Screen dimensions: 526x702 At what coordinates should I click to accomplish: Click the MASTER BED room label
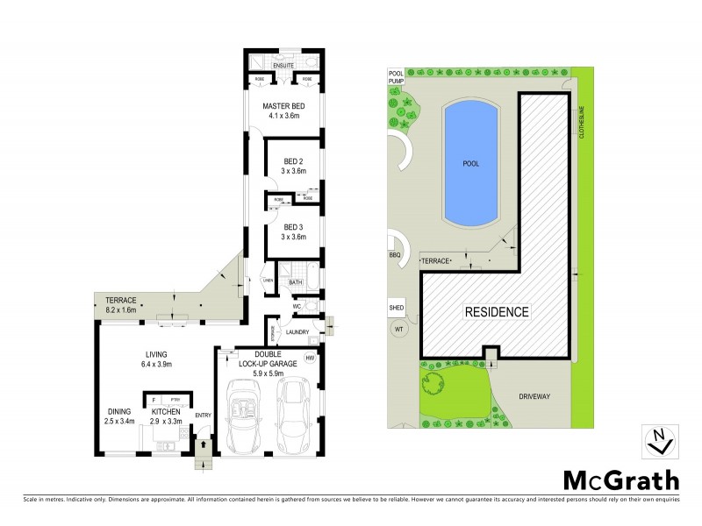click(x=283, y=105)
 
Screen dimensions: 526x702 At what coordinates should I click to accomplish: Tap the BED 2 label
click(x=293, y=161)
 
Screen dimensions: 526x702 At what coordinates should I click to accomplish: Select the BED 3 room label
click(x=293, y=226)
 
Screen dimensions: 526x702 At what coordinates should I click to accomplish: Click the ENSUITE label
click(x=283, y=66)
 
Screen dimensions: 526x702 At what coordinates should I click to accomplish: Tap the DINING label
click(x=119, y=412)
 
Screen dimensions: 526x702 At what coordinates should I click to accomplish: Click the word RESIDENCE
click(x=496, y=311)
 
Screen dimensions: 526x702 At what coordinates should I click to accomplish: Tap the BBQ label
click(x=394, y=256)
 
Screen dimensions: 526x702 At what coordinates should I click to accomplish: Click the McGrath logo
click(x=620, y=480)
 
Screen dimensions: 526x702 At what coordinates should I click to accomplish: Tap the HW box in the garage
click(x=309, y=359)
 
